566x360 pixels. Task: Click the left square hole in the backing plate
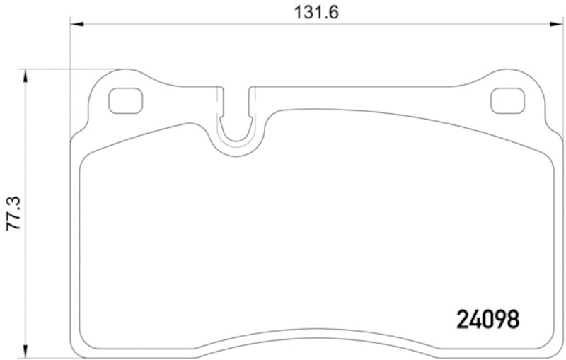(x=125, y=101)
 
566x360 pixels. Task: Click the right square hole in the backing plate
(x=507, y=101)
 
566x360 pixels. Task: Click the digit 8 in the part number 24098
(x=512, y=320)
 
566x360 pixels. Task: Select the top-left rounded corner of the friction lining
(x=86, y=158)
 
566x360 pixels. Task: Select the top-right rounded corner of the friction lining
(x=548, y=158)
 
